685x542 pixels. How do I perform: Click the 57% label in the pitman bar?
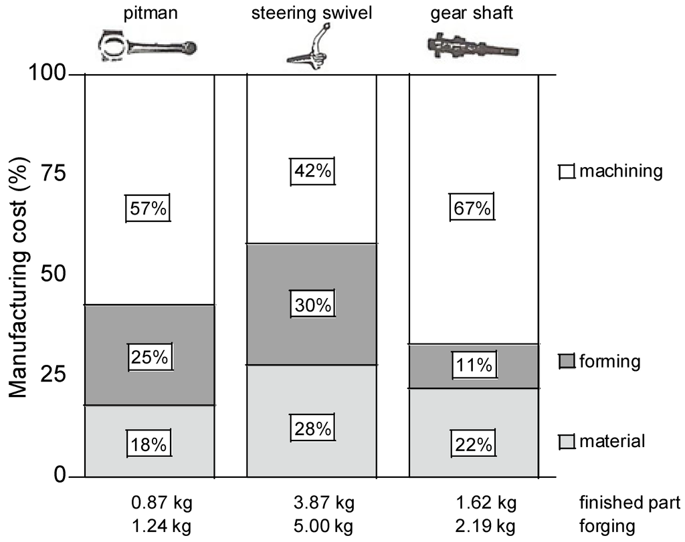coord(149,209)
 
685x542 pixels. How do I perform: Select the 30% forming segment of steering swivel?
coord(312,305)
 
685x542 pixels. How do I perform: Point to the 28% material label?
coord(312,428)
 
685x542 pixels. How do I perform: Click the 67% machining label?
coord(472,209)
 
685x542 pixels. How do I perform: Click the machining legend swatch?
coord(567,172)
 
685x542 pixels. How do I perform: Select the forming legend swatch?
coord(567,362)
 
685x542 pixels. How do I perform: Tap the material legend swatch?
coord(567,442)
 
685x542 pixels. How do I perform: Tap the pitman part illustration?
coord(148,47)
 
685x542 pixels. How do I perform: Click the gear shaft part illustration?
coord(472,45)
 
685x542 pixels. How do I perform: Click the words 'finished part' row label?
coord(629,503)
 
